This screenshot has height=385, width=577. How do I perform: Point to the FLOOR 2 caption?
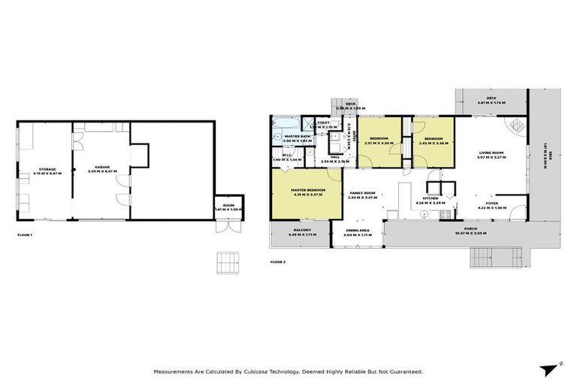[278, 262]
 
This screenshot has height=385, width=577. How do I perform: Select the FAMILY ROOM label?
[364, 194]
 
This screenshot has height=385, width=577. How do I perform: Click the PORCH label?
[471, 230]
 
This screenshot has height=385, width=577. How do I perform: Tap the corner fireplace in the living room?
[518, 124]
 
